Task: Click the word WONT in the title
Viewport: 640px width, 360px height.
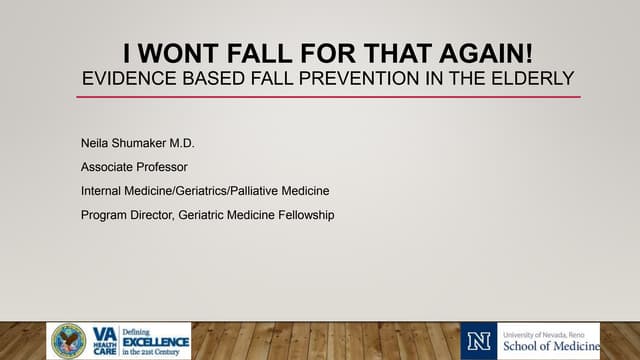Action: [176, 52]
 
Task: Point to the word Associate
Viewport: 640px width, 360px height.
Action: [108, 166]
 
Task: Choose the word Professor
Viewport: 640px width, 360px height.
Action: [167, 166]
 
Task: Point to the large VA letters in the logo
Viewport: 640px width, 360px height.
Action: [104, 334]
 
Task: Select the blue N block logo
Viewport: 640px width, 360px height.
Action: [477, 341]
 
